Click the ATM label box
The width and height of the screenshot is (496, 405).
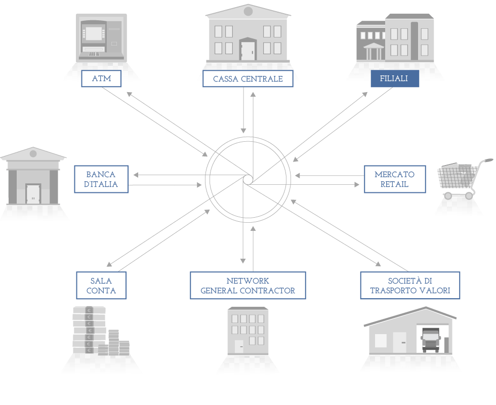coord(101,78)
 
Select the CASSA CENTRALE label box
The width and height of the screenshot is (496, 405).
coord(247,78)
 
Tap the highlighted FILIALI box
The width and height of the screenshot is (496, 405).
coord(395,78)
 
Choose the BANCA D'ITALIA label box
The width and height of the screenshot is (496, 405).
coord(101,179)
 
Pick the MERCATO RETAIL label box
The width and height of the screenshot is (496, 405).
coord(395,179)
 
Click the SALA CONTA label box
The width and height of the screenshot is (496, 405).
coord(101,286)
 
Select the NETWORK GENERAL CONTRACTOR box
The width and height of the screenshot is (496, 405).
coord(247,286)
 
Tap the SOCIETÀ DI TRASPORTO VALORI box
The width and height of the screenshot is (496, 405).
coord(410,286)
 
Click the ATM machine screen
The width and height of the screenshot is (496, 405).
coord(94,33)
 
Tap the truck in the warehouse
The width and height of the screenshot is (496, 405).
coord(431,340)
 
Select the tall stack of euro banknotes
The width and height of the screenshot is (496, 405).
coord(89,330)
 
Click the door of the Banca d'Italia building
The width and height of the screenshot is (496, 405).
coord(33,194)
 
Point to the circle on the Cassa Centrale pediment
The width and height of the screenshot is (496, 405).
coord(248,11)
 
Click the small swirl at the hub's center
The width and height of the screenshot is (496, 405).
coord(248,179)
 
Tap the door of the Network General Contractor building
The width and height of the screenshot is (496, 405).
coord(239,346)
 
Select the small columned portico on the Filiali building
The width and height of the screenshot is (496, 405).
coord(374,51)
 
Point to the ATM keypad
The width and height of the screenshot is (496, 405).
coord(94,54)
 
